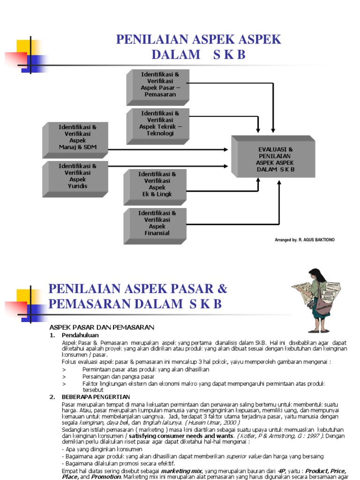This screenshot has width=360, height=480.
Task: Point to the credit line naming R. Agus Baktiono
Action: [305, 240]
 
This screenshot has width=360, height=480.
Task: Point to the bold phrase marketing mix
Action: [182, 470]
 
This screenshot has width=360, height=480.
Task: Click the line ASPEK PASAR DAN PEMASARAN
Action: [102, 327]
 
